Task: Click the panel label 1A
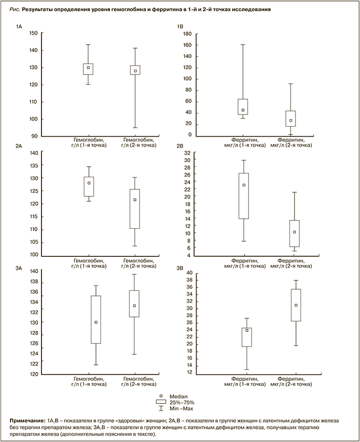[x=19, y=26]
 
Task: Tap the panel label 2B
[x=180, y=146]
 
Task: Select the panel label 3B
[x=180, y=269]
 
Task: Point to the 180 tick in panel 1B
[x=188, y=34]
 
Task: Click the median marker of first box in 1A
[x=88, y=68]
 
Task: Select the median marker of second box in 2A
[x=134, y=200]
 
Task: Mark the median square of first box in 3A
[x=96, y=322]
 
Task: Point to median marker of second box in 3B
[x=296, y=305]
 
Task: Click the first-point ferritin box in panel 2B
[x=243, y=196]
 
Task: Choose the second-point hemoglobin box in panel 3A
[x=134, y=303]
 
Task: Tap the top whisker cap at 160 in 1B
[x=243, y=45]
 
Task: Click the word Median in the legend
[x=178, y=396]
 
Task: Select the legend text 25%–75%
[x=182, y=402]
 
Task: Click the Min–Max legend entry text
[x=181, y=408]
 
